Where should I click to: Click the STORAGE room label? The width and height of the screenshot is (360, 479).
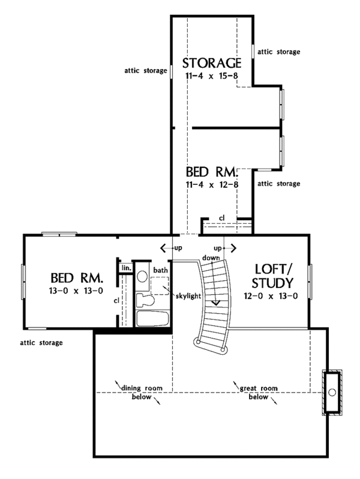pyautogui.click(x=212, y=63)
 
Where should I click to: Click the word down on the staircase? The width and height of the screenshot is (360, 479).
pyautogui.click(x=210, y=257)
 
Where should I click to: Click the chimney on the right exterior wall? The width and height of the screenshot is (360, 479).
pyautogui.click(x=332, y=392)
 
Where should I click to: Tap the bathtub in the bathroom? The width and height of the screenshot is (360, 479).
pyautogui.click(x=152, y=318)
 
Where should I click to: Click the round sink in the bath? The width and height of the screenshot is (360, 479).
pyautogui.click(x=142, y=276)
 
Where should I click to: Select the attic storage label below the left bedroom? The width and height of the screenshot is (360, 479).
pyautogui.click(x=40, y=343)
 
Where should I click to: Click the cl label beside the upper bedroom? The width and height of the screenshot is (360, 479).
pyautogui.click(x=221, y=217)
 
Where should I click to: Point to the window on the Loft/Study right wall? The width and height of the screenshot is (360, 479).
pyautogui.click(x=310, y=281)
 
